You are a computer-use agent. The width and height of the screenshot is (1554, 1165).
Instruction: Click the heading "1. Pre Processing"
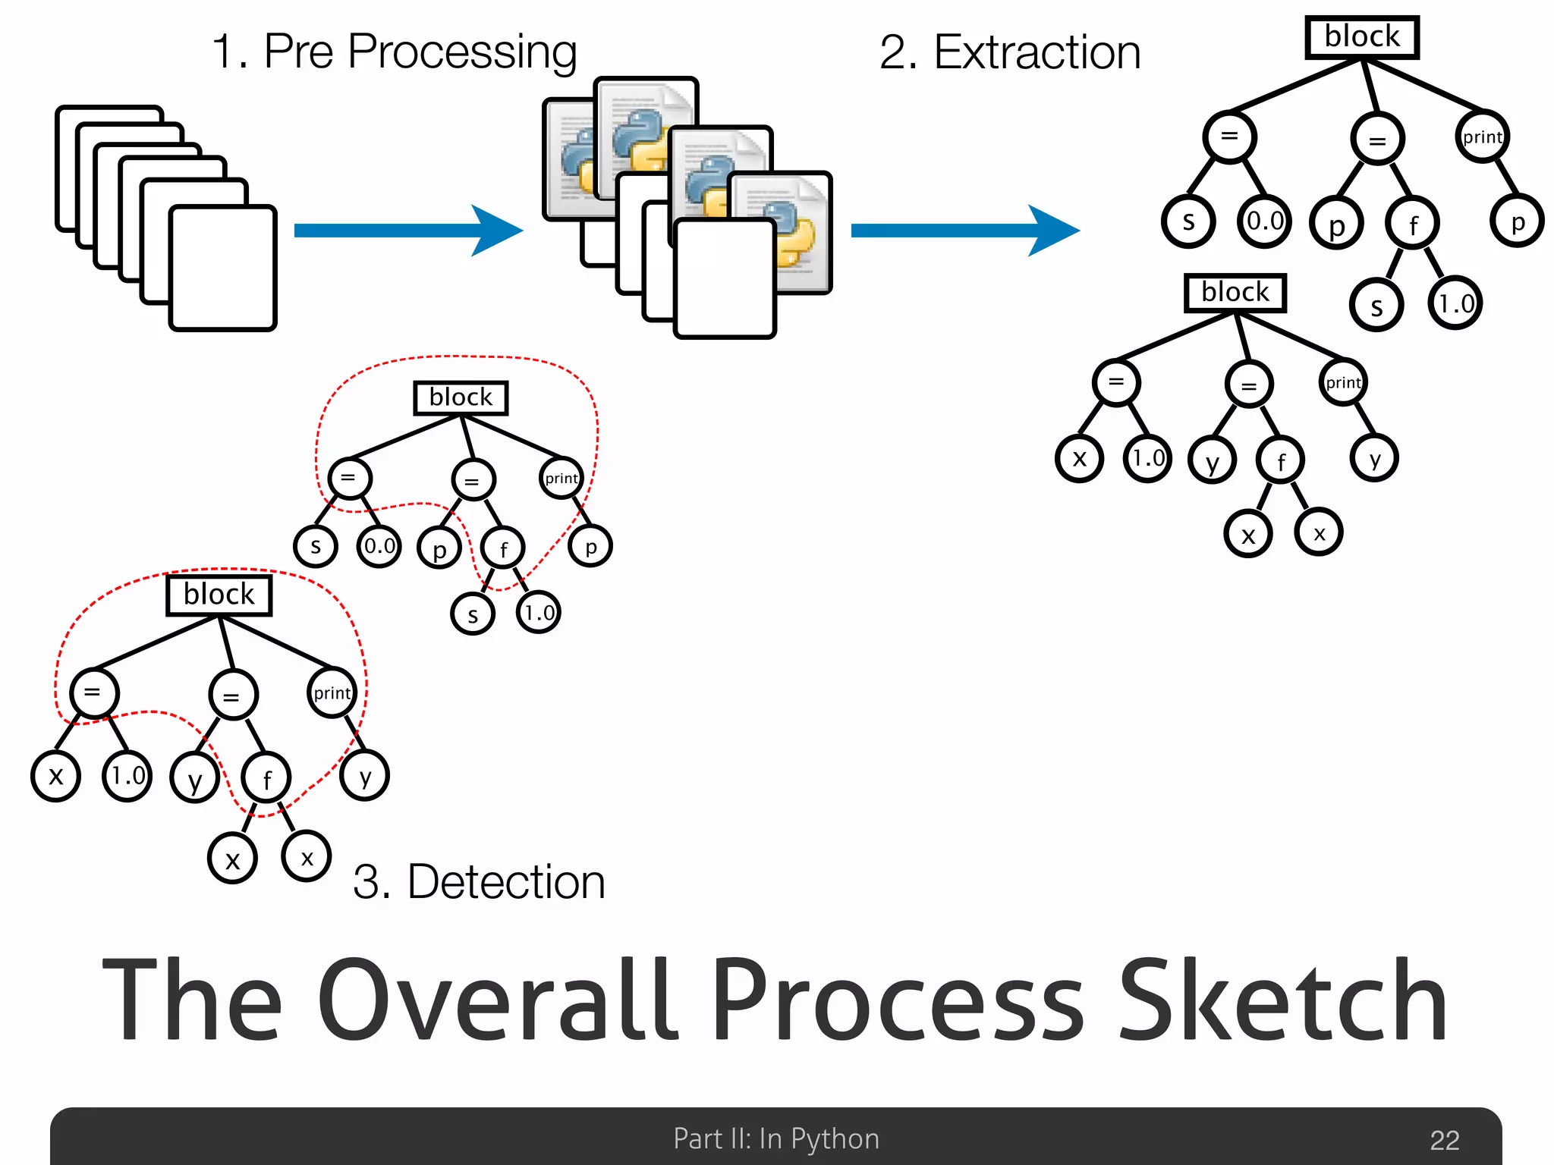point(394,52)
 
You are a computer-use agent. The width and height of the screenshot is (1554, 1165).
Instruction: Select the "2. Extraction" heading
point(1010,52)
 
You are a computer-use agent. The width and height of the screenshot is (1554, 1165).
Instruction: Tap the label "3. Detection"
point(479,882)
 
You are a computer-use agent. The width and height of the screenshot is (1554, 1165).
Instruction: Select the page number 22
point(1444,1140)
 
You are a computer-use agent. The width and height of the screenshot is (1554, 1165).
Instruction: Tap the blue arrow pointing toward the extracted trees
point(964,230)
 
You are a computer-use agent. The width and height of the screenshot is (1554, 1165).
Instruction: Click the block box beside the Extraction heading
point(1362,37)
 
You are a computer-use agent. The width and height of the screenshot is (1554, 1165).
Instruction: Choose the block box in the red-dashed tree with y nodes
point(219,595)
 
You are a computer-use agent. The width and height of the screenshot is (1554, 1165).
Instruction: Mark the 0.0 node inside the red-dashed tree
point(379,546)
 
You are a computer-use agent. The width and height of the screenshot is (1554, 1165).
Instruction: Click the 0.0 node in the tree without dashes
point(1265,221)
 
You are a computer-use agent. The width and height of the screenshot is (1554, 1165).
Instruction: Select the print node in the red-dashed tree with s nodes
point(562,478)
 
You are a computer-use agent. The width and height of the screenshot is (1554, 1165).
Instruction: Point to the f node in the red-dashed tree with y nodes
point(266,778)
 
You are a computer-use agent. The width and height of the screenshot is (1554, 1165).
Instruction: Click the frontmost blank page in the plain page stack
point(223,268)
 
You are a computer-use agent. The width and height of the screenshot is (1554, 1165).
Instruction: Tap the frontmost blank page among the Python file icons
point(725,278)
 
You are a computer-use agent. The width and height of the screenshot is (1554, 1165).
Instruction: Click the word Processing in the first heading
point(462,52)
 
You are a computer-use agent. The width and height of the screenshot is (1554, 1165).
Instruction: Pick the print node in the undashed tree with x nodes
point(1343,382)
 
